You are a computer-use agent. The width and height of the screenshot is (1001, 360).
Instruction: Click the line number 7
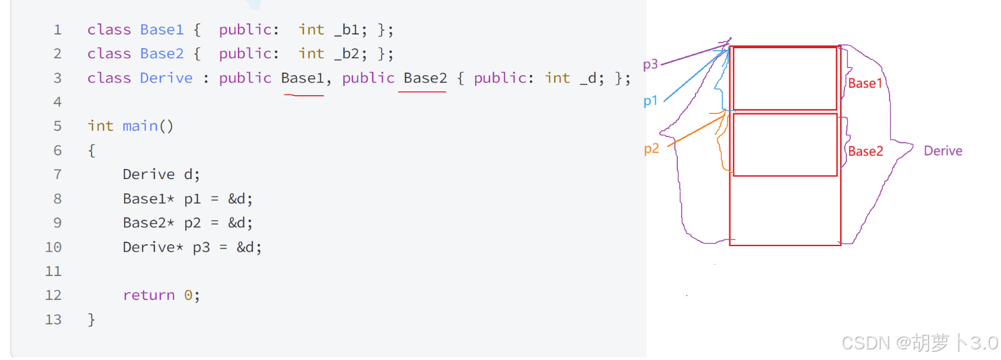coord(58,175)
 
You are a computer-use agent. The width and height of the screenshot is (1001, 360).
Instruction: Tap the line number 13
coord(53,320)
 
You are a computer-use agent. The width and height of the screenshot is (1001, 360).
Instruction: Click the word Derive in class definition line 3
coord(166,78)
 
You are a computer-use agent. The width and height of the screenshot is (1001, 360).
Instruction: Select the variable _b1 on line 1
coord(350,30)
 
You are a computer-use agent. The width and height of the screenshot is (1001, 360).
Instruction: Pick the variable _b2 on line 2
coord(350,54)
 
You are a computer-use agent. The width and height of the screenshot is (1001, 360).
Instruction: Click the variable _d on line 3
coord(592,78)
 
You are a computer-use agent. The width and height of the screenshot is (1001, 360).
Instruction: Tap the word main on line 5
coord(140,126)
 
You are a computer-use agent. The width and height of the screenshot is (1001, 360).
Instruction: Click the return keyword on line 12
coord(148,296)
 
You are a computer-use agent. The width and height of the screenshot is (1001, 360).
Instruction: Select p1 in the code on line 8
coord(192,199)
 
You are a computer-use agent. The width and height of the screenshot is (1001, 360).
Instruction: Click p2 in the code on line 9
coord(192,223)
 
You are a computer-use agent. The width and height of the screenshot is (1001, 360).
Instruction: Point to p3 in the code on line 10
coord(201,247)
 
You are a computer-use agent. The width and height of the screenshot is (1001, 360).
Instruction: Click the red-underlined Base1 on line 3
coord(302,78)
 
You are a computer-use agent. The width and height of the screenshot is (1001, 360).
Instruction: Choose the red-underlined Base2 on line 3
coord(425,78)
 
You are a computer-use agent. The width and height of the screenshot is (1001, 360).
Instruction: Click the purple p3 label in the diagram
coord(650,64)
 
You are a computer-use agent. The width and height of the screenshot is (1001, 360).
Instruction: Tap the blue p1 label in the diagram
coord(650,101)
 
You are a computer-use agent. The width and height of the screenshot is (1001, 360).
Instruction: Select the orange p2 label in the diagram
coord(651,149)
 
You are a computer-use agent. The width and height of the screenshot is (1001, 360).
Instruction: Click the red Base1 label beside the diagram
coord(865,83)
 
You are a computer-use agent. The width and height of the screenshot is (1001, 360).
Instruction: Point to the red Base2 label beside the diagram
coord(865,151)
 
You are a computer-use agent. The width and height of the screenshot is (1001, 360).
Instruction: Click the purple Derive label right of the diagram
coord(943,151)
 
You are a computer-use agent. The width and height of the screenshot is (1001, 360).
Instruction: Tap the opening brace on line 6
coord(91,151)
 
